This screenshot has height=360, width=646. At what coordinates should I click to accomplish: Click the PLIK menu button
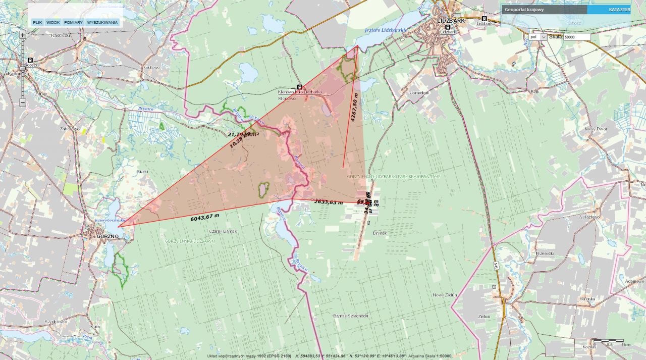tap(37, 22)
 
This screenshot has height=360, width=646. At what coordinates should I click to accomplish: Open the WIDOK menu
tap(53, 22)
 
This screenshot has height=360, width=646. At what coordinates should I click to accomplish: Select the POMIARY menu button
tap(73, 22)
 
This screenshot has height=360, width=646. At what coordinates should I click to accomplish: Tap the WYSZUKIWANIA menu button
tap(102, 22)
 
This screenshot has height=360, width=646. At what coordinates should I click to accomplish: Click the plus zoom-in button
tap(23, 35)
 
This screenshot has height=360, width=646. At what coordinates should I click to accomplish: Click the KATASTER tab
tap(619, 10)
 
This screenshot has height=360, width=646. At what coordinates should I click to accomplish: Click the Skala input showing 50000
tap(576, 37)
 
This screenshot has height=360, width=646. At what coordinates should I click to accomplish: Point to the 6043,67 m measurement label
tap(205, 217)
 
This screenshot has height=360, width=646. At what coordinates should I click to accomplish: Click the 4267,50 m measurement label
tap(355, 107)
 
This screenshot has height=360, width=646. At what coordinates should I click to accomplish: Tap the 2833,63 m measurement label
tap(328, 202)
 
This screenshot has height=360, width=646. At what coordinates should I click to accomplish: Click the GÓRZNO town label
tap(108, 236)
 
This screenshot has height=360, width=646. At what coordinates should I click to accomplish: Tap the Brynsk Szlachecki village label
tap(351, 316)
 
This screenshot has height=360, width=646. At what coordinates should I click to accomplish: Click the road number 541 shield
tap(497, 266)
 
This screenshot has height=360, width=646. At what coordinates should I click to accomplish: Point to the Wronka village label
tap(588, 298)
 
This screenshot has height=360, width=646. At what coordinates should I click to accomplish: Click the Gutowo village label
tap(152, 67)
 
